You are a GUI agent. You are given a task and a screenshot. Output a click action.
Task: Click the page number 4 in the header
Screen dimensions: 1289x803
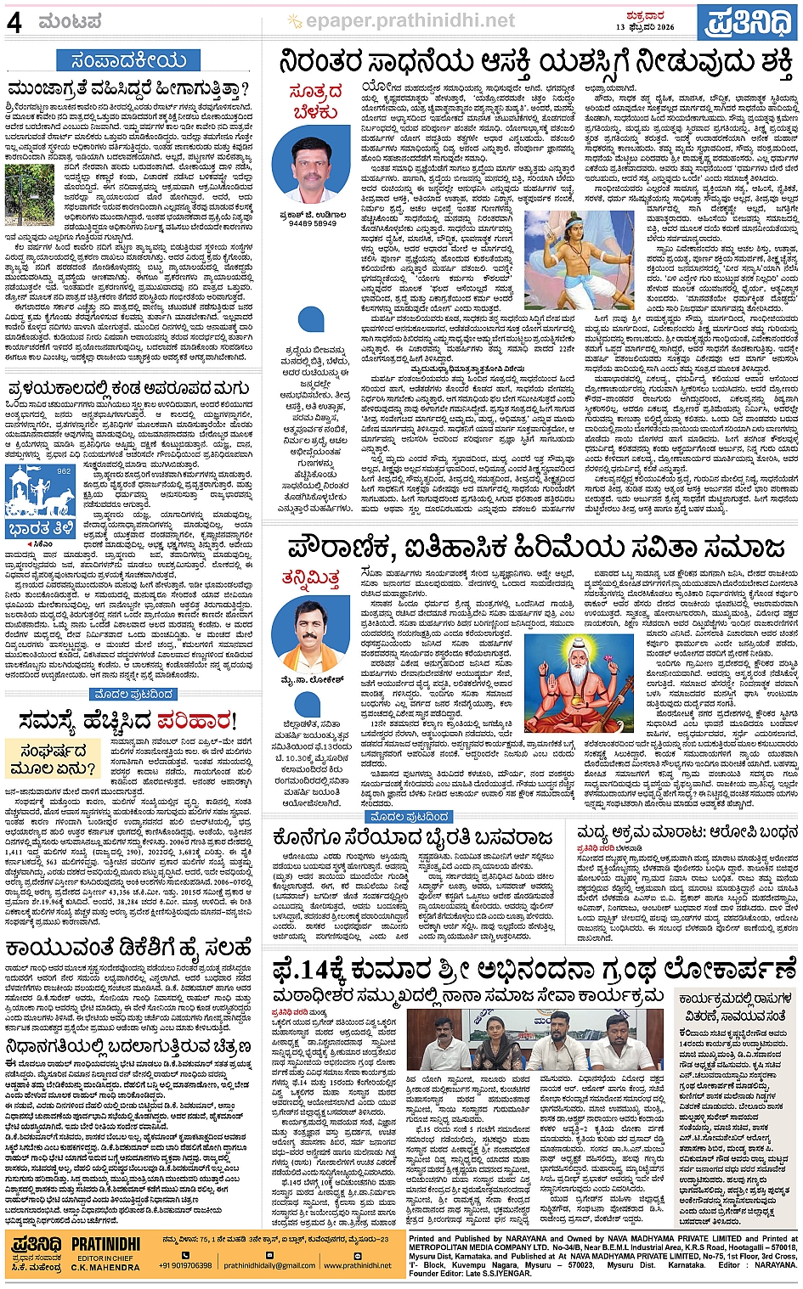[x=14, y=22]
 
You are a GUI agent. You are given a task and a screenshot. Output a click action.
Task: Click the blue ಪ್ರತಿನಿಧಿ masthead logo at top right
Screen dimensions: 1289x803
[x=749, y=23]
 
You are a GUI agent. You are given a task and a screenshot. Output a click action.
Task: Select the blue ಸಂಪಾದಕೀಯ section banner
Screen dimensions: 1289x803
[x=128, y=60]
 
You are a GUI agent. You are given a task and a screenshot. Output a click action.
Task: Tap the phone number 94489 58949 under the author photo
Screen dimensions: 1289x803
[x=313, y=223]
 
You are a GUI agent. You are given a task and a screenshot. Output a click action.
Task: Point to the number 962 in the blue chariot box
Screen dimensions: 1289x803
[x=64, y=470]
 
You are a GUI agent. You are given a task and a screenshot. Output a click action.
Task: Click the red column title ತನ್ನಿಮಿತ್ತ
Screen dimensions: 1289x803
[x=311, y=578]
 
